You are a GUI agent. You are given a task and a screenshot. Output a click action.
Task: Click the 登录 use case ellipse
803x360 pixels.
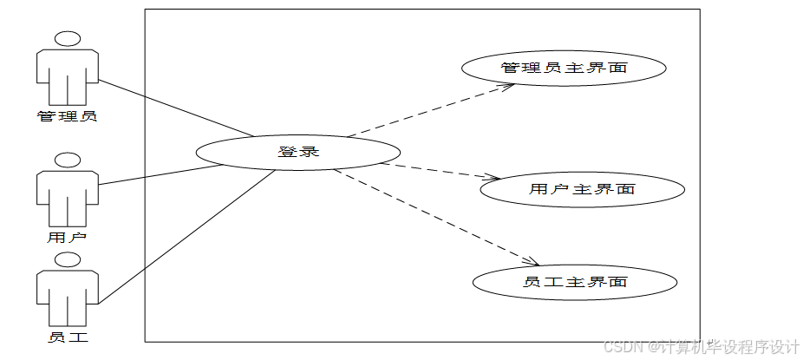click(298, 151)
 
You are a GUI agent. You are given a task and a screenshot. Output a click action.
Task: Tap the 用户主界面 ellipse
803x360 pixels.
click(582, 189)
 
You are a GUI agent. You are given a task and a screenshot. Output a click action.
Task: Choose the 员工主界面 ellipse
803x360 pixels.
click(575, 282)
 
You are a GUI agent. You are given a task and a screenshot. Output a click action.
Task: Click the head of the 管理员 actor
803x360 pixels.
click(67, 38)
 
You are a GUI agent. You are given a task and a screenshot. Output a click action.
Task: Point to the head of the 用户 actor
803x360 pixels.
click(67, 160)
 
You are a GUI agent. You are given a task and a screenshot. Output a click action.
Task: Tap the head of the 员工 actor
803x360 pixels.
click(67, 259)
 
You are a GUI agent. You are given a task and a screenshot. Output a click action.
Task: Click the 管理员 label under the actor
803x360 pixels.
click(67, 115)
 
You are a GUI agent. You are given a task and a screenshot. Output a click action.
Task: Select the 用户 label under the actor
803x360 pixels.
click(67, 236)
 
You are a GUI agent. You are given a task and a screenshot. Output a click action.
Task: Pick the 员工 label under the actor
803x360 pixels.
click(67, 337)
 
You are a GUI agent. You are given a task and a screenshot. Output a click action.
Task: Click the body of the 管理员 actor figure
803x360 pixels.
click(67, 75)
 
